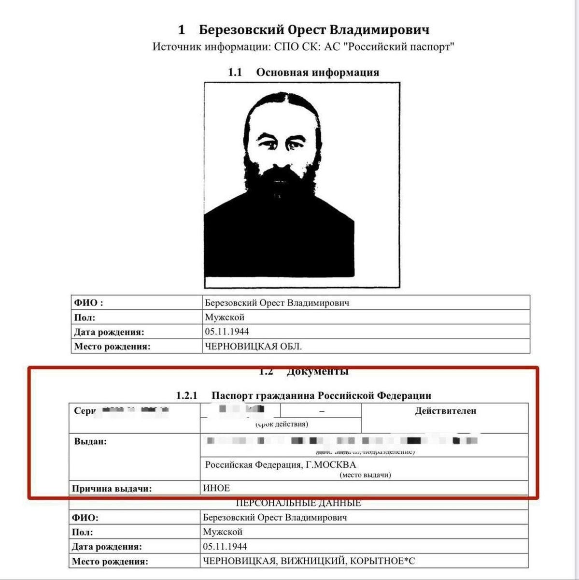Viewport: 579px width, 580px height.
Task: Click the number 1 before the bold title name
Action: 182,30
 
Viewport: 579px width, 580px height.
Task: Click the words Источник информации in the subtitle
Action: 212,47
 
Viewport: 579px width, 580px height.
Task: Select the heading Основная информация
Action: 317,72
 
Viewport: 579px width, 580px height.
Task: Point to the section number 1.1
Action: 235,72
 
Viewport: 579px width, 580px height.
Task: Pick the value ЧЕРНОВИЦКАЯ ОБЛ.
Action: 254,346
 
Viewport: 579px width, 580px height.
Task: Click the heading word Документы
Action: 317,371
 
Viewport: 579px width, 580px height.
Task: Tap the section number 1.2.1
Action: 187,395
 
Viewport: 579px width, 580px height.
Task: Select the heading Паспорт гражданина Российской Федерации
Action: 321,395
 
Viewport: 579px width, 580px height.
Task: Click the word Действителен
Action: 445,411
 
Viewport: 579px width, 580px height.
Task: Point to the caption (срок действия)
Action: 282,424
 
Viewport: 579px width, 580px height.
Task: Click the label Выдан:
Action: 90,441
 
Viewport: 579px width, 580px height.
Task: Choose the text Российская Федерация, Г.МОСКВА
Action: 281,464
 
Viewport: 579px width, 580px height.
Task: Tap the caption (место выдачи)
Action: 365,475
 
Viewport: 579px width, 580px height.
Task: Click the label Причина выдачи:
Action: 112,488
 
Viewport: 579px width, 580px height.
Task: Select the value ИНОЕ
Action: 216,488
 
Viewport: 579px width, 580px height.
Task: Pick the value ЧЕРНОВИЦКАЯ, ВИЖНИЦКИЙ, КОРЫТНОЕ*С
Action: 309,561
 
